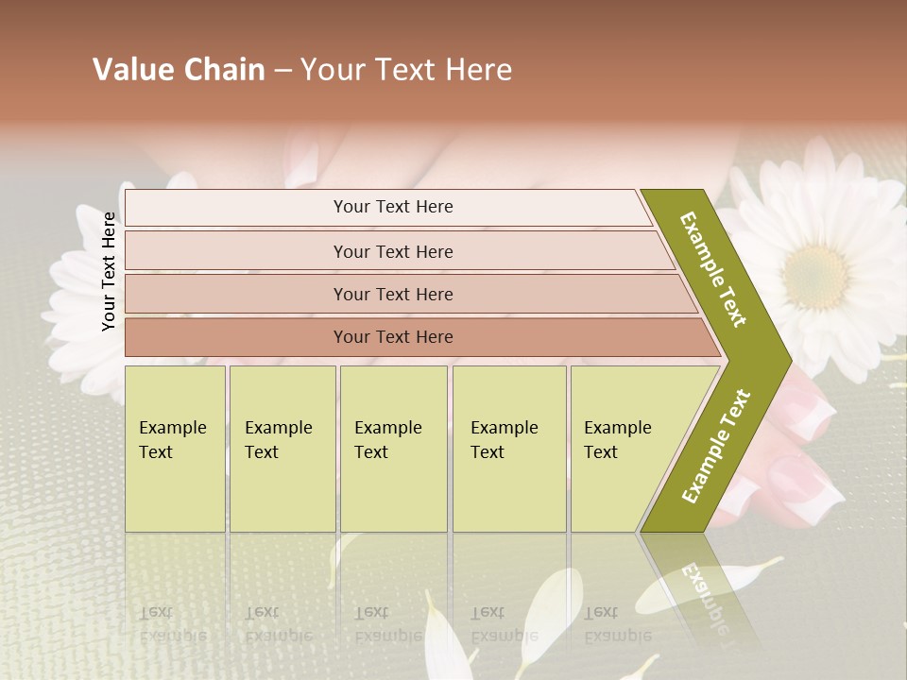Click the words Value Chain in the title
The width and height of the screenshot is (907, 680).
[179, 70]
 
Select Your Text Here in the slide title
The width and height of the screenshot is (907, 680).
[406, 70]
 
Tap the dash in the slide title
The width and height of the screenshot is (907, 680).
[282, 71]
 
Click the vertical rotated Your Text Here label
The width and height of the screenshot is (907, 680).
[109, 271]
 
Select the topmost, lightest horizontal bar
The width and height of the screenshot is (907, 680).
[387, 207]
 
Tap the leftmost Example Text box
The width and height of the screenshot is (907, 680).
[175, 448]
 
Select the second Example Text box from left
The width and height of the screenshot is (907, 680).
[282, 448]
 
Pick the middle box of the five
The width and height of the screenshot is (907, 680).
[393, 448]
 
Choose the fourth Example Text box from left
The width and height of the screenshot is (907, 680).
[509, 448]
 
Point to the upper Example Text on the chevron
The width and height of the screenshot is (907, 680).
[713, 269]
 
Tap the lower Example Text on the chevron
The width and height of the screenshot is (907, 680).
[716, 447]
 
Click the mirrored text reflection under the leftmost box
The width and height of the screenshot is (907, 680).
[173, 623]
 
